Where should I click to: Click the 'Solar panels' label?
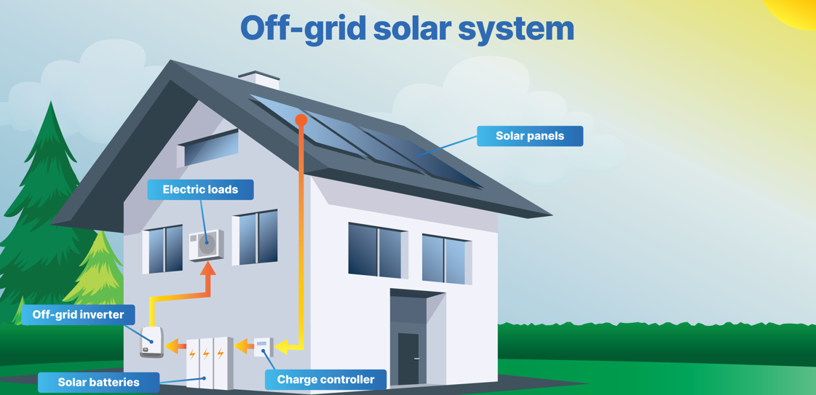pyautogui.click(x=529, y=136)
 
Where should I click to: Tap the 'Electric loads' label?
pyautogui.click(x=200, y=190)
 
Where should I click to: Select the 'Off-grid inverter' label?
pyautogui.click(x=78, y=315)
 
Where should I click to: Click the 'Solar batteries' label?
pyautogui.click(x=98, y=382)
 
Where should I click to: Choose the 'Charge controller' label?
pyautogui.click(x=325, y=380)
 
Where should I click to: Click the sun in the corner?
pyautogui.click(x=797, y=10)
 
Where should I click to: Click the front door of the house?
pyautogui.click(x=408, y=356)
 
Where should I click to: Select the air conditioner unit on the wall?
pyautogui.click(x=206, y=245)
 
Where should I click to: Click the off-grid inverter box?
pyautogui.click(x=151, y=342)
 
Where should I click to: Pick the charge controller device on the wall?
pyautogui.click(x=263, y=347)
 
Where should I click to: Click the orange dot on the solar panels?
pyautogui.click(x=301, y=119)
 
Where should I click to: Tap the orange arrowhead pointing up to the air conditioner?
pyautogui.click(x=208, y=269)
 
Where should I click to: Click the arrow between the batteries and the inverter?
pyautogui.click(x=175, y=347)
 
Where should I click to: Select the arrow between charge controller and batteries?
pyautogui.click(x=243, y=347)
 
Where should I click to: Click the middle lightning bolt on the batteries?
pyautogui.click(x=206, y=354)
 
